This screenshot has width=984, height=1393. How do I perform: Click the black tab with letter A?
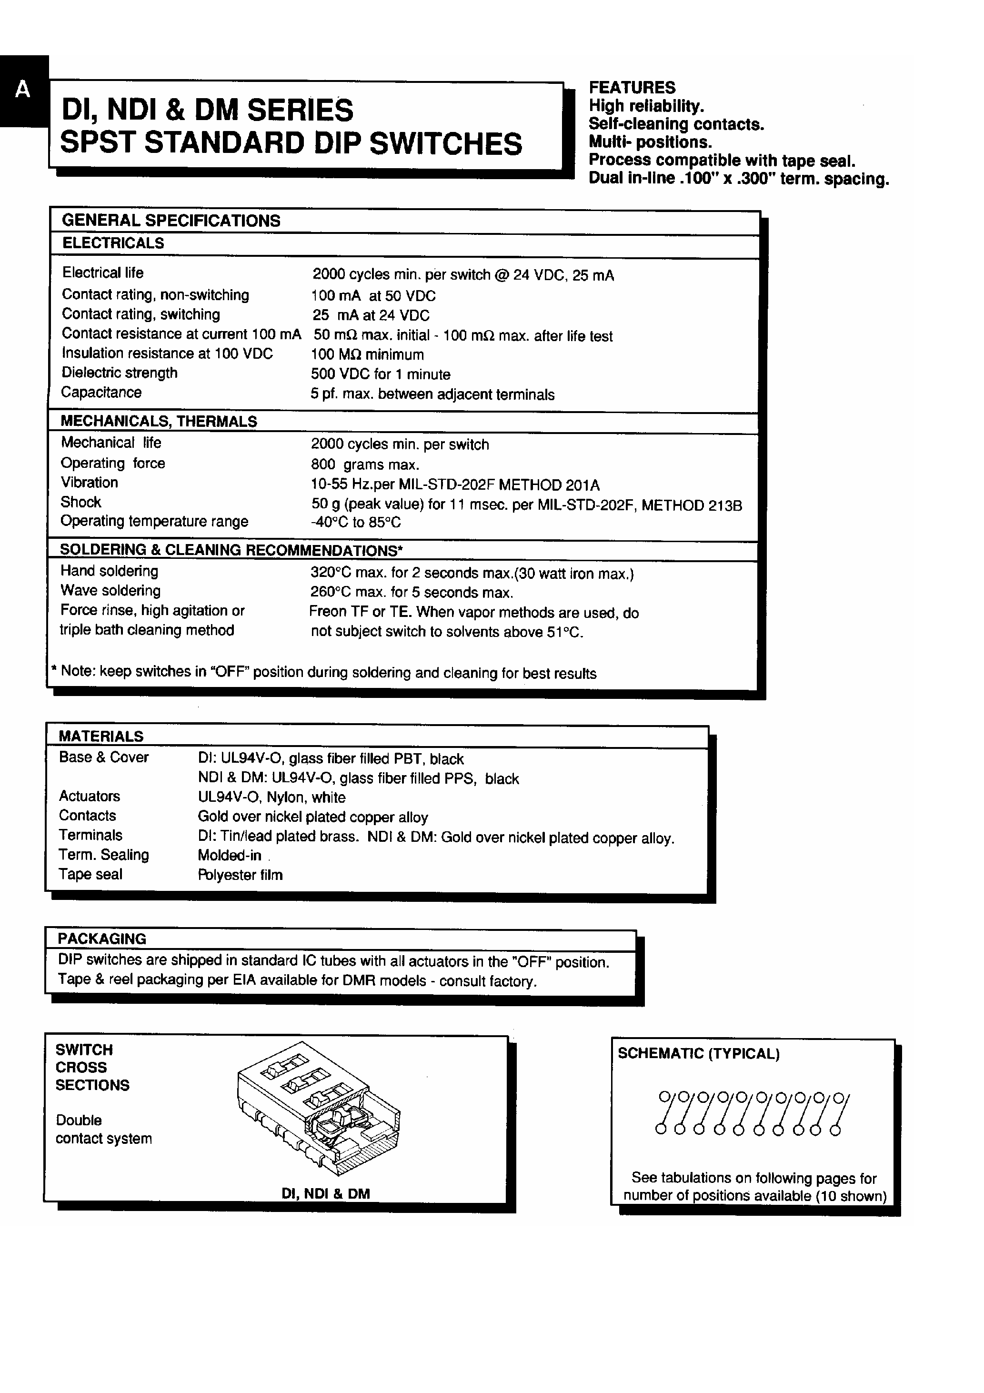[x=23, y=91]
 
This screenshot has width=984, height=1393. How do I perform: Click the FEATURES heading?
[x=632, y=87]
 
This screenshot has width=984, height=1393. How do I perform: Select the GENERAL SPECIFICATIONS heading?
[x=171, y=221]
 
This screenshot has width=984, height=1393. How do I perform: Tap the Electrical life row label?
[x=102, y=273]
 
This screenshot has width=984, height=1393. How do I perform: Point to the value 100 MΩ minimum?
[x=367, y=355]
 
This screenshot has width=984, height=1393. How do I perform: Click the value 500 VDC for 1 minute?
[x=381, y=374]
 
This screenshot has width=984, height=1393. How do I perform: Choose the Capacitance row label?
[x=101, y=393]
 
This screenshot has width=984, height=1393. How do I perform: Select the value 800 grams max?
[x=365, y=465]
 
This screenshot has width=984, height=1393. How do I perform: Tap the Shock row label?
[x=80, y=502]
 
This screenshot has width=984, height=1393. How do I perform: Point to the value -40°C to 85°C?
[x=355, y=522]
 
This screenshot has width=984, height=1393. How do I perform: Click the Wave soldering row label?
[x=110, y=591]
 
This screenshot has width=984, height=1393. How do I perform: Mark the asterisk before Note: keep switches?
[x=54, y=670]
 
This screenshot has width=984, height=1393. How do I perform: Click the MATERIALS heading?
[x=100, y=737]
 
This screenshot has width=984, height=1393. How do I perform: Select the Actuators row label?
[x=89, y=797]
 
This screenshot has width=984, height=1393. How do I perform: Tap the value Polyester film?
[x=240, y=875]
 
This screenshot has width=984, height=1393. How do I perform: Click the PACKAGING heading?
[x=102, y=939]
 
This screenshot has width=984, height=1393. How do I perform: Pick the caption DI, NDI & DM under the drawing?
[x=325, y=1194]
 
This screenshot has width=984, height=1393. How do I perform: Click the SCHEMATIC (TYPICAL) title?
[x=698, y=1054]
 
